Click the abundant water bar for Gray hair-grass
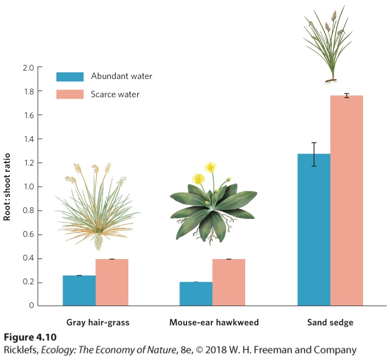(x=79, y=290)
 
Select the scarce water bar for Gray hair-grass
(x=112, y=282)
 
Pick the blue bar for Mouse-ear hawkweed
(x=196, y=294)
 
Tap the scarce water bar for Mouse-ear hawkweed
(x=229, y=282)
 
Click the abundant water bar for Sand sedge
(x=314, y=229)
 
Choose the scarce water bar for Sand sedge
(x=347, y=200)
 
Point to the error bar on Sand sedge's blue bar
(x=314, y=154)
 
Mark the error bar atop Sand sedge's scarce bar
(x=347, y=95)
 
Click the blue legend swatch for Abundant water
(x=70, y=77)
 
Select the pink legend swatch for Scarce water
(x=70, y=94)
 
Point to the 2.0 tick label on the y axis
(x=28, y=67)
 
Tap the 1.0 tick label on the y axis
(x=29, y=187)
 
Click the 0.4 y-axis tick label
(x=28, y=258)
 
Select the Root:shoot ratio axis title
(x=7, y=187)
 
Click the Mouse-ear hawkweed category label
(x=214, y=323)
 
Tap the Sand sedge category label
(x=330, y=323)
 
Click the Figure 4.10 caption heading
(x=30, y=337)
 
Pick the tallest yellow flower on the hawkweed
(x=211, y=167)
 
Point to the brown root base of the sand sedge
(x=331, y=80)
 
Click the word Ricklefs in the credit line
(x=21, y=350)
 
